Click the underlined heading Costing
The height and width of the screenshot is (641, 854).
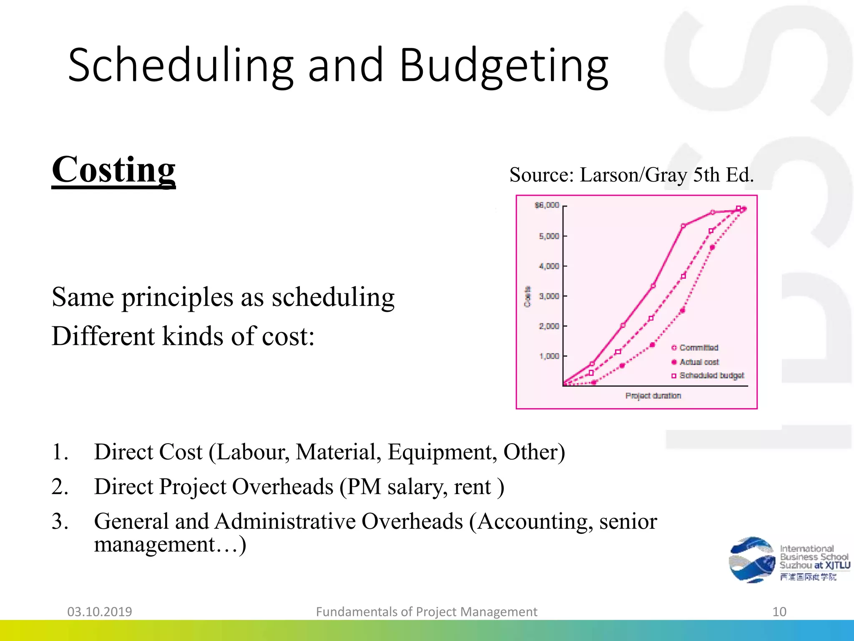click(x=113, y=170)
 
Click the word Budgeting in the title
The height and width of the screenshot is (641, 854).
click(x=504, y=66)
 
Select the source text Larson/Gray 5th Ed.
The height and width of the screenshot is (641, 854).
click(x=666, y=175)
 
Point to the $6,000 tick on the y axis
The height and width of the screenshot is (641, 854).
click(x=547, y=205)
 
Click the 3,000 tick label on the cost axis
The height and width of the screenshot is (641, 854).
click(x=549, y=296)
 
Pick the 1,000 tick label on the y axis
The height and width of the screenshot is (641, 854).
click(x=549, y=356)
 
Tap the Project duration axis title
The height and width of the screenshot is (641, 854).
click(x=653, y=396)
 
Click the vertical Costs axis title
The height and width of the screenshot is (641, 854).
click(x=527, y=297)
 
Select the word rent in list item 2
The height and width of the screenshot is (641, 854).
click(x=472, y=487)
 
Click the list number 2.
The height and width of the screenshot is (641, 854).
click(x=60, y=487)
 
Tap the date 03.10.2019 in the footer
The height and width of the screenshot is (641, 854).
click(x=100, y=612)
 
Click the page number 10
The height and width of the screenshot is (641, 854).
click(x=779, y=612)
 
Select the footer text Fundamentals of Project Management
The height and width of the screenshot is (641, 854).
click(x=427, y=612)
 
